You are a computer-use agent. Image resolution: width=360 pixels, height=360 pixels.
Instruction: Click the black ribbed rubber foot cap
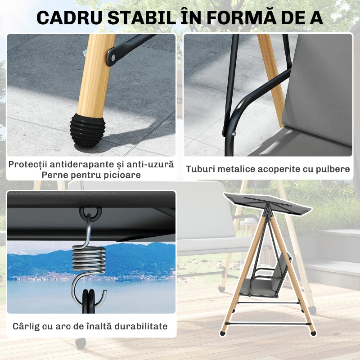click(x=85, y=130)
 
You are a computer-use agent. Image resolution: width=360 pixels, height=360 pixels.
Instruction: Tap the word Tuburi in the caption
click(x=201, y=169)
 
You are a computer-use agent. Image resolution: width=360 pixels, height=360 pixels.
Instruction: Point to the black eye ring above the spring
click(x=90, y=211)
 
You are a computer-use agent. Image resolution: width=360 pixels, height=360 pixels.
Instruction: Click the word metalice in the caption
click(x=240, y=169)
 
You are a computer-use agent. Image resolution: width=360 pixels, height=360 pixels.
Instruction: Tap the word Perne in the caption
click(x=54, y=175)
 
